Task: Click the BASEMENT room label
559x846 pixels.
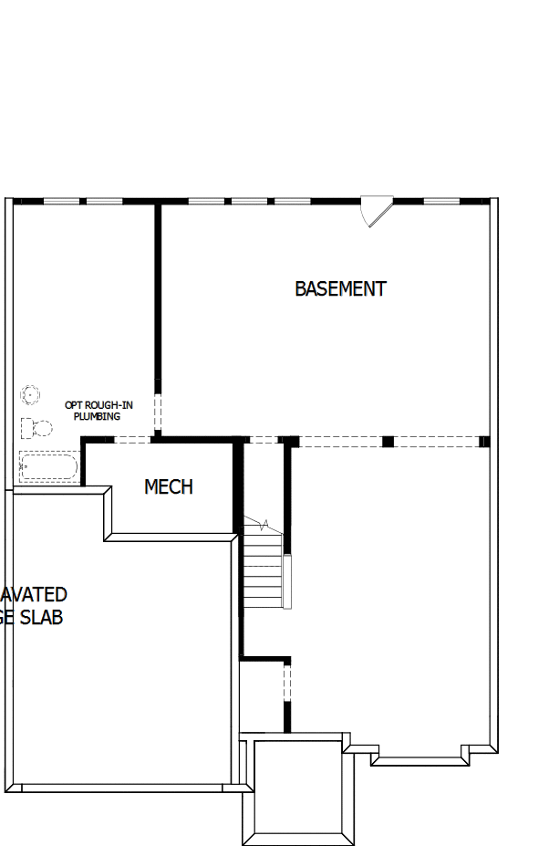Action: tap(340, 288)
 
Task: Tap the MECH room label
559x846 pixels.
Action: tap(169, 486)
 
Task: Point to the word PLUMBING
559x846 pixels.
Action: tap(97, 416)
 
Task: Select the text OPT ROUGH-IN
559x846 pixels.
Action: tap(98, 404)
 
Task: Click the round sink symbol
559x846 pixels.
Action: tap(31, 395)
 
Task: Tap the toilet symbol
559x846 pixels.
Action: tap(36, 427)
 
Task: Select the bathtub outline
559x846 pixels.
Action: tap(48, 466)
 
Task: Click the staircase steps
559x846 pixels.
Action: tap(263, 566)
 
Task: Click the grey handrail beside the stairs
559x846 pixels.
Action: tap(286, 581)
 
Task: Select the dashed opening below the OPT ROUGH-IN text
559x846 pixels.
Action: tap(157, 413)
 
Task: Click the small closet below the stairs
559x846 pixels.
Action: tap(263, 694)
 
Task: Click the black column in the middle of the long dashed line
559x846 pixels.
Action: tap(388, 442)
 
